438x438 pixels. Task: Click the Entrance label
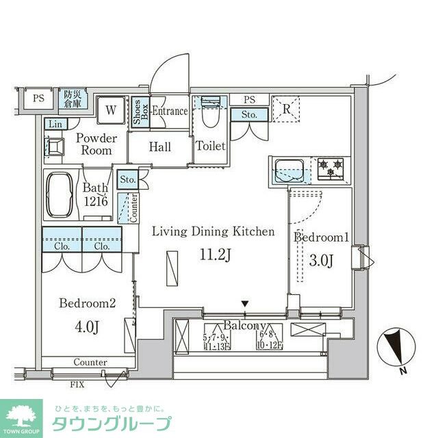(x=170, y=112)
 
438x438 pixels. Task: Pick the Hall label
(x=160, y=147)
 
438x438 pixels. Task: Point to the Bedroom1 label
(x=321, y=237)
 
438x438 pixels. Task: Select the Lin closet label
(x=55, y=124)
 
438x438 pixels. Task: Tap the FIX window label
(x=77, y=385)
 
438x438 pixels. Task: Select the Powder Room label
(x=96, y=144)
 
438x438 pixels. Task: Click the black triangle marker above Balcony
(x=245, y=303)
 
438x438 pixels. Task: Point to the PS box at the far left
(x=38, y=98)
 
